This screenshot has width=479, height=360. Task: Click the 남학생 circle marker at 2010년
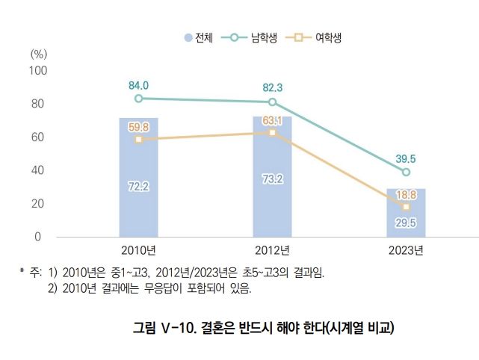tap(138, 99)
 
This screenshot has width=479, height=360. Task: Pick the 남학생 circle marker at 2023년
tap(406, 172)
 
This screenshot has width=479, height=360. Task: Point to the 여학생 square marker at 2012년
tap(272, 132)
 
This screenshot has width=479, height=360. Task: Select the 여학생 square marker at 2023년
tap(406, 206)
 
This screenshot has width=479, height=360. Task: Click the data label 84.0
tap(138, 85)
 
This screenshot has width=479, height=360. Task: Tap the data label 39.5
tap(406, 158)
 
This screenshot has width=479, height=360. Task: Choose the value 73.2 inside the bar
tap(272, 180)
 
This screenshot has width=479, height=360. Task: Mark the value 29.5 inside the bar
tap(406, 222)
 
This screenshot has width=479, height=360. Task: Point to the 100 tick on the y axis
tap(38, 70)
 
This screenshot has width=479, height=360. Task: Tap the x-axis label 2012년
tap(272, 249)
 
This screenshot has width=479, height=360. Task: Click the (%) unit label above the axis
tap(39, 54)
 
